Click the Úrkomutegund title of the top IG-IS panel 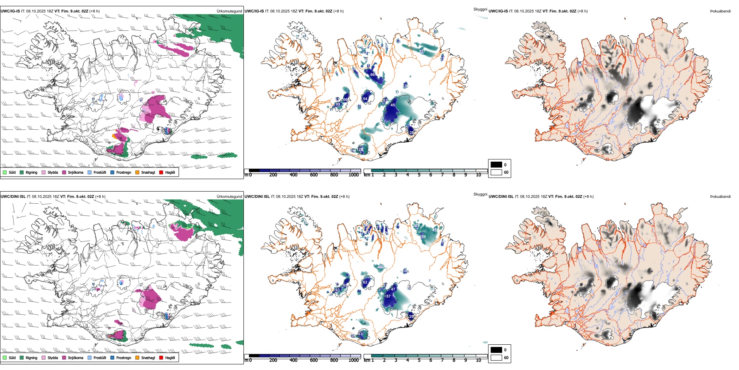click(229, 11)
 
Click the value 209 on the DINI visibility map click(423, 236)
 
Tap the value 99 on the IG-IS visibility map click(338, 104)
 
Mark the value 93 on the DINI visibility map click(337, 290)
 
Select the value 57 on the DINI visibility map click(388, 296)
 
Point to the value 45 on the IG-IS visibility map click(393, 105)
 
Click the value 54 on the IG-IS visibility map click(365, 99)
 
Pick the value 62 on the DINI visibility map click(365, 282)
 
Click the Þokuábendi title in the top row click(720, 11)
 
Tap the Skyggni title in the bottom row click(480, 194)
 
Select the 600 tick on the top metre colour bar click(314, 175)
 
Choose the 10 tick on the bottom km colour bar click(478, 360)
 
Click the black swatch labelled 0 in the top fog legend click(496, 165)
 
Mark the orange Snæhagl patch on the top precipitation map click(114, 136)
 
